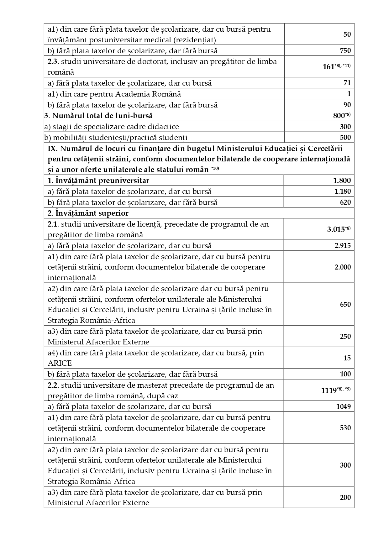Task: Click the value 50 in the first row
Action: [347, 34]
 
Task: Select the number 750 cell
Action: [345, 51]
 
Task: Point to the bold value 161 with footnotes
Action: [329, 67]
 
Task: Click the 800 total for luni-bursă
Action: [339, 116]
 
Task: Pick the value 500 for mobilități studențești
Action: [345, 138]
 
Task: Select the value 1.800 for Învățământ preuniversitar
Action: [342, 181]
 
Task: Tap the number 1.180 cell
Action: [343, 191]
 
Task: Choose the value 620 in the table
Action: [345, 202]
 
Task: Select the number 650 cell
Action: [345, 304]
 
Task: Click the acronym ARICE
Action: [60, 363]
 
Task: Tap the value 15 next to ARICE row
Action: [347, 358]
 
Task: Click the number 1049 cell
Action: [343, 407]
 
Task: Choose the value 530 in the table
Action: [345, 428]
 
